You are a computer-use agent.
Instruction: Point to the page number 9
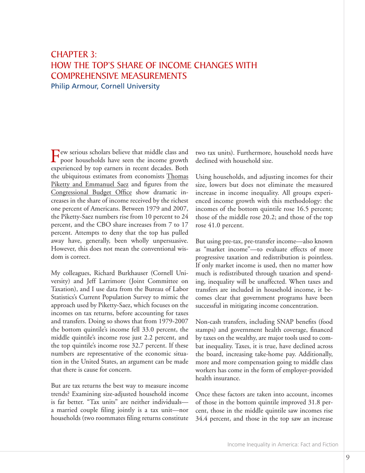pyautogui.click(x=347, y=457)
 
